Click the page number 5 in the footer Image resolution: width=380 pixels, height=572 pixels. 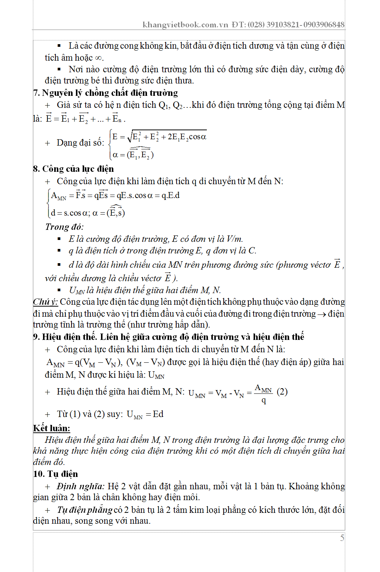[x=342, y=538]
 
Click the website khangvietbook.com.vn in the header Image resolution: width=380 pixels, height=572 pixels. [x=185, y=25]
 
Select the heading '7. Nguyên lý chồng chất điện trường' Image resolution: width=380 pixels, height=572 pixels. [x=105, y=93]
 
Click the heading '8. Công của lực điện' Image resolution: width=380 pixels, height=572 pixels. [x=73, y=169]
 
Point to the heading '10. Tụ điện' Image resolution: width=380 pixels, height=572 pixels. [x=55, y=474]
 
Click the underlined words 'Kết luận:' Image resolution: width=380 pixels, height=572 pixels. [x=52, y=428]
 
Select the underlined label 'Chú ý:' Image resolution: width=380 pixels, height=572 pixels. [x=45, y=302]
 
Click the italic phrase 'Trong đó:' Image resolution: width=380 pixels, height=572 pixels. [x=64, y=227]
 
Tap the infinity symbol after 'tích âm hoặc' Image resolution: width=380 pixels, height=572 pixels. [x=98, y=58]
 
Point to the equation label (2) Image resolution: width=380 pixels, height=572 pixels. [x=282, y=392]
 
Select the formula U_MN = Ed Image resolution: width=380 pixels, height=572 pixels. [x=145, y=414]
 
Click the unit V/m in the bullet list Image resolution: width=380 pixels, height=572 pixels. [x=234, y=239]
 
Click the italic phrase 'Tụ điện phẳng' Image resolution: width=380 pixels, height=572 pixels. [x=85, y=510]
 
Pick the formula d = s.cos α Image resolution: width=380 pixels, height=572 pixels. [x=70, y=213]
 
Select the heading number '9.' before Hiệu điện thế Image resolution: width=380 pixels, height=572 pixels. [x=37, y=337]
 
